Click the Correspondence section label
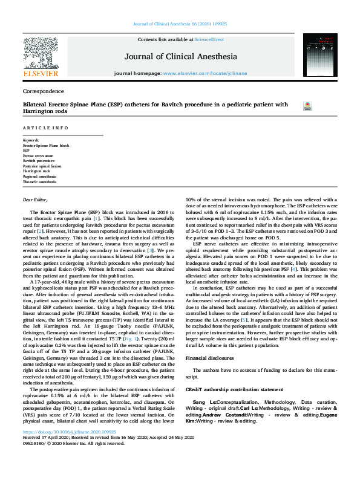[x=43, y=91]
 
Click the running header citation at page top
[x=180, y=24]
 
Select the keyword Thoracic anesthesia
[x=40, y=181]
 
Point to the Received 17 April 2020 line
[x=97, y=455]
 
